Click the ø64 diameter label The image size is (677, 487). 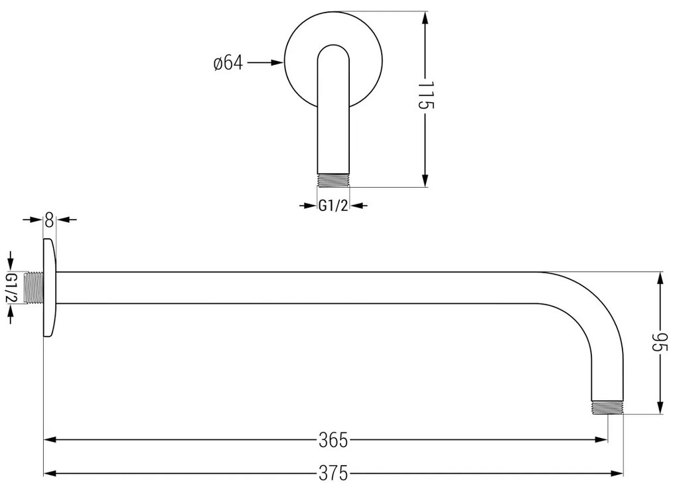click(228, 64)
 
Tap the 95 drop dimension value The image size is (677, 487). click(659, 343)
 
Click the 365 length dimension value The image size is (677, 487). click(333, 439)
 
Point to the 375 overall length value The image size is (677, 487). click(333, 473)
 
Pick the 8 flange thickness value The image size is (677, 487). click(49, 220)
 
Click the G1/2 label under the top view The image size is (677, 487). click(333, 206)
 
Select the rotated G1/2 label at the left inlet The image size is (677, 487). click(12, 287)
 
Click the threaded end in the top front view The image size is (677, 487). click(333, 180)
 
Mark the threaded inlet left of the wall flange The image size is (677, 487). click(32, 287)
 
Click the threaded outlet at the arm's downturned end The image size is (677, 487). click(607, 407)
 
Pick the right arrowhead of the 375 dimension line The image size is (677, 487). click(617, 473)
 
